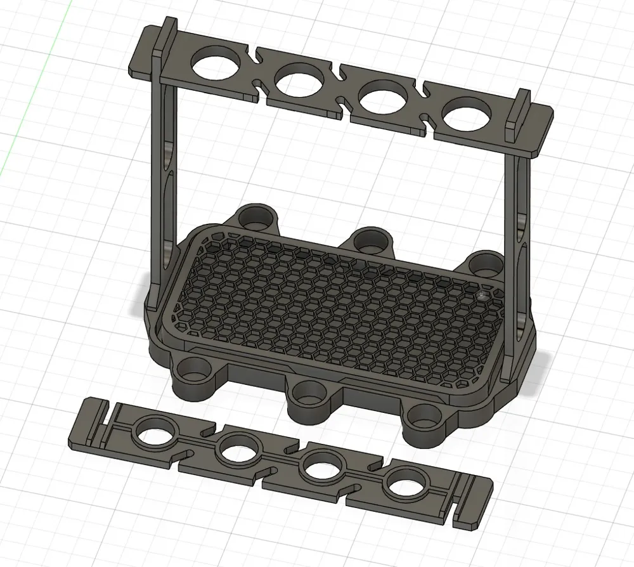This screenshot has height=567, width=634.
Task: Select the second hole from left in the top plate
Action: [301, 81]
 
